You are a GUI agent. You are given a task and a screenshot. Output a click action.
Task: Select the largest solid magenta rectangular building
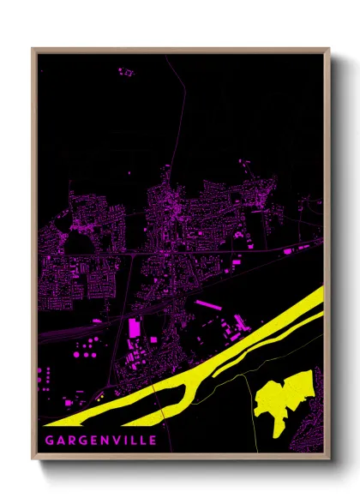134,328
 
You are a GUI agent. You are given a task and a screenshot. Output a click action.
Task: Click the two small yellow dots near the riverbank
101,396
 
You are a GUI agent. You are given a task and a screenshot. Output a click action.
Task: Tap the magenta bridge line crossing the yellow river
155,396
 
